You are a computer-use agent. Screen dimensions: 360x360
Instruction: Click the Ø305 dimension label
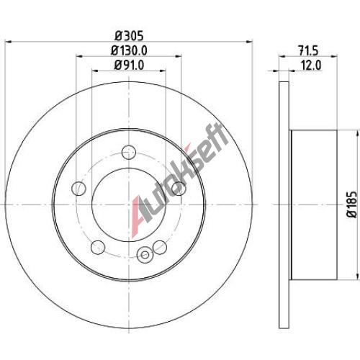click(x=129, y=36)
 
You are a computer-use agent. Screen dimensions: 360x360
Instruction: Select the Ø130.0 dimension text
click(x=129, y=50)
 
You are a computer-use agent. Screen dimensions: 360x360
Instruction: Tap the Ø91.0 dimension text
click(x=129, y=65)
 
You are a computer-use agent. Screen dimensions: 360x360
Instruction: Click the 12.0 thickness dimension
click(x=311, y=66)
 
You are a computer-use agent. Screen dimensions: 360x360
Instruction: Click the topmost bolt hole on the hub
click(x=129, y=152)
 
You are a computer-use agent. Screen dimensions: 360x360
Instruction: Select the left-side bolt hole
click(x=78, y=189)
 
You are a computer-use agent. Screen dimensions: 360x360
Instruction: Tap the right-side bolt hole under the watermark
click(x=179, y=189)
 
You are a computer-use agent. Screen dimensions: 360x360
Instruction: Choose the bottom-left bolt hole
click(x=98, y=247)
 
